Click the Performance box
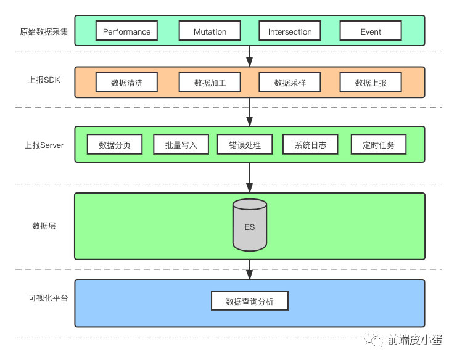click(126, 31)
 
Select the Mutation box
click(210, 31)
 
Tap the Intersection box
click(290, 31)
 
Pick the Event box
click(371, 31)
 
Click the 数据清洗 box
click(126, 83)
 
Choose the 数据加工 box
click(210, 83)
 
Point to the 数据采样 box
click(290, 83)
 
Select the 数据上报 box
click(371, 83)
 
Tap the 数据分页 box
click(115, 144)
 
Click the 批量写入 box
click(181, 144)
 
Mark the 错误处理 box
click(245, 144)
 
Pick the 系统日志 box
click(310, 144)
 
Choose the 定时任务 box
click(379, 144)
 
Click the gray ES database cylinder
click(250, 225)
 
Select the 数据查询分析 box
click(250, 301)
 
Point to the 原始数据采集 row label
click(44, 31)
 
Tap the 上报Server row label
click(44, 145)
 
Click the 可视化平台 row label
click(48, 298)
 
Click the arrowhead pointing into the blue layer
click(250, 275)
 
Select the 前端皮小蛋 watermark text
click(415, 340)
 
